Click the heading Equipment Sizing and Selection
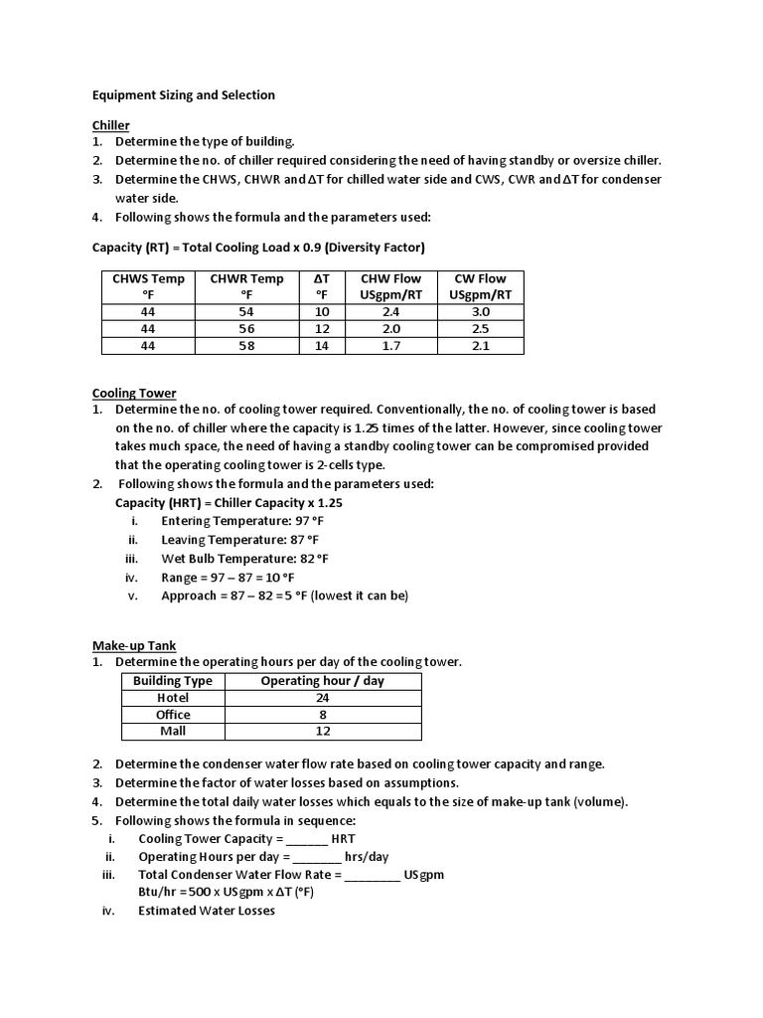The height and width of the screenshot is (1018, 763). [183, 95]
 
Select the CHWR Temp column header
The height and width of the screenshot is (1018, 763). [246, 286]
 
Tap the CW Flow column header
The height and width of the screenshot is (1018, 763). [480, 286]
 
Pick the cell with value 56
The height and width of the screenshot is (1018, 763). [246, 328]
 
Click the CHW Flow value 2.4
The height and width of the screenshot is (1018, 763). [389, 311]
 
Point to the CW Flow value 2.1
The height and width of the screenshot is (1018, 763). [480, 345]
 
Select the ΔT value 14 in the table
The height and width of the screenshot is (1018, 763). [321, 345]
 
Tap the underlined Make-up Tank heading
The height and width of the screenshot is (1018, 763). [133, 646]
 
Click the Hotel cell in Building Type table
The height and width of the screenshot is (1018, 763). [173, 698]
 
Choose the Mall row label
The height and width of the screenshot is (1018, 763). [173, 731]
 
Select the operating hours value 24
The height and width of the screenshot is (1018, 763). [322, 698]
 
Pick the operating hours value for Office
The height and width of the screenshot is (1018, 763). [322, 715]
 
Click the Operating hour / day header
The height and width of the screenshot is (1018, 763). [322, 681]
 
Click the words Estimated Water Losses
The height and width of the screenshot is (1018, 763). [206, 911]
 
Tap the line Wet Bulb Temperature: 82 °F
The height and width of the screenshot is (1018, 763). [244, 559]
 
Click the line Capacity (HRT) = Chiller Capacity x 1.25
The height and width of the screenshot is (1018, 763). [229, 503]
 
